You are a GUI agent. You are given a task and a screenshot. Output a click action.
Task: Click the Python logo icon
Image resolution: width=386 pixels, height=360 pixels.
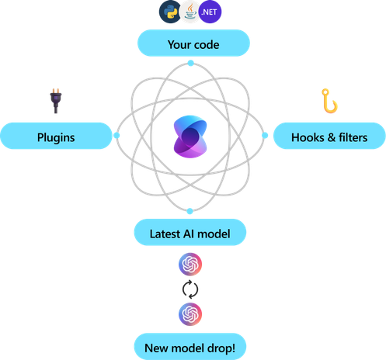tap(169, 12)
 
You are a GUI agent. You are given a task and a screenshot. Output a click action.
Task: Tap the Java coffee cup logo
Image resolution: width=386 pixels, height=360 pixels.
tap(190, 12)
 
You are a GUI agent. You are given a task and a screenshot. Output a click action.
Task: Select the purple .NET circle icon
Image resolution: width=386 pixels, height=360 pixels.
tap(210, 12)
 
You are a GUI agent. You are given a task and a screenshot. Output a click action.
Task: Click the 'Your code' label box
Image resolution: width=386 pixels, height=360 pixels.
tap(193, 43)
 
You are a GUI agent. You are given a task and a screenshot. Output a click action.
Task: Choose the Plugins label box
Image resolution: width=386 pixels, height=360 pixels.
tap(56, 136)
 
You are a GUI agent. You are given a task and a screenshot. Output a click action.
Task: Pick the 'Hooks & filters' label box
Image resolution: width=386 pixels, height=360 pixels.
tap(329, 136)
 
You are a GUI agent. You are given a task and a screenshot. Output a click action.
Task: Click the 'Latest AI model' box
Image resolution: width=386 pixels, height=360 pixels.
tap(190, 232)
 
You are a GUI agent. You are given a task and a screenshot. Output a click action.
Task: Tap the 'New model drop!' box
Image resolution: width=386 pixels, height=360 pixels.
tap(190, 347)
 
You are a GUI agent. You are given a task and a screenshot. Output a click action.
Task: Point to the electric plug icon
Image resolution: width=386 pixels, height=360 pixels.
tap(56, 101)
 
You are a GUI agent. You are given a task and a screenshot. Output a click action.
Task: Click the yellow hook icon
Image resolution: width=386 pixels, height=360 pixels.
tap(329, 101)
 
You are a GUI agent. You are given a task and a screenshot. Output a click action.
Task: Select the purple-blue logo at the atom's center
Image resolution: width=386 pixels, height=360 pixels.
tap(190, 137)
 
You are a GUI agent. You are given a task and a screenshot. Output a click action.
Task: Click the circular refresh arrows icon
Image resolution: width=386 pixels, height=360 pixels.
tap(190, 289)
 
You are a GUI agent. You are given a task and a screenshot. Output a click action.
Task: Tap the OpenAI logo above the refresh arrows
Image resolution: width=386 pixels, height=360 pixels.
tap(190, 265)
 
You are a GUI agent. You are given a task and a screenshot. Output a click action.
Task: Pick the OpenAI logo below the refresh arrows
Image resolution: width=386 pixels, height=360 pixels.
tap(190, 314)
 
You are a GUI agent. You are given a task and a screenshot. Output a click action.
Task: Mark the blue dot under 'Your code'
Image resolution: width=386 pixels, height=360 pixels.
tap(191, 63)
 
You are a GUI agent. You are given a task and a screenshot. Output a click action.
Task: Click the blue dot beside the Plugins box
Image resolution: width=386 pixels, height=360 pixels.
tap(116, 135)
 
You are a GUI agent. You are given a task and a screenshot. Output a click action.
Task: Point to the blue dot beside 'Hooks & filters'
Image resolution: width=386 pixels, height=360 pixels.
tap(265, 135)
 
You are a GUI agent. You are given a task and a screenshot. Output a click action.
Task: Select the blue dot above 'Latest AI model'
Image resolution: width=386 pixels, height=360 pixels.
tap(190, 211)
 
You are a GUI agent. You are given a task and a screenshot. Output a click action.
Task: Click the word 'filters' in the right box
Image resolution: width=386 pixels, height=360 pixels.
tap(353, 137)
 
